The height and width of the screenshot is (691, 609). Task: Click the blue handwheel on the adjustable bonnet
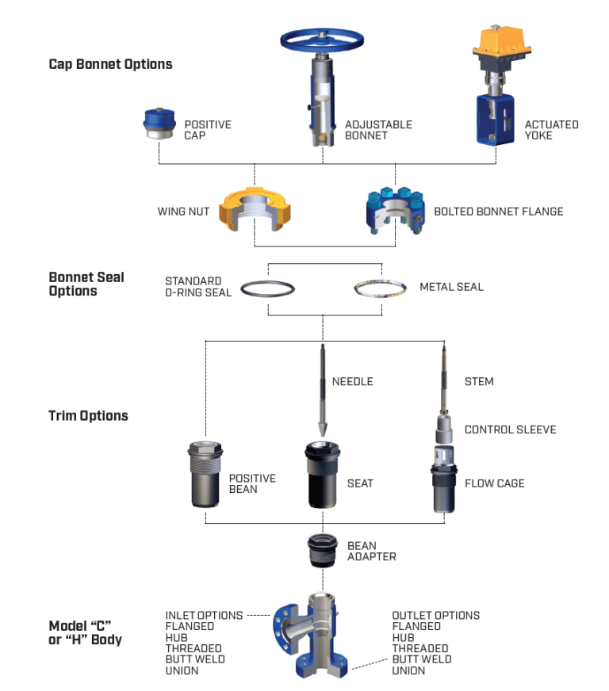322,40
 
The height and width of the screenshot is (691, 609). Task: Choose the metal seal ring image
380,288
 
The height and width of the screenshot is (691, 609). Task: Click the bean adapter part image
323,552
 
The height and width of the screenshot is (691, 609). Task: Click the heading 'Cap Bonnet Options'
110,64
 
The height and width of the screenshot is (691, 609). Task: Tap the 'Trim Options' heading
88,416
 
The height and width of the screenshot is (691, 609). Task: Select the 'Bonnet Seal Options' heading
86,284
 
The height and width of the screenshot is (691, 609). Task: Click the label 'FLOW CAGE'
494,483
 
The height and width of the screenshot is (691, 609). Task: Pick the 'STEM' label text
479,382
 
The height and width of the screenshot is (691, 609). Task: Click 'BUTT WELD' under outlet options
421,659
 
